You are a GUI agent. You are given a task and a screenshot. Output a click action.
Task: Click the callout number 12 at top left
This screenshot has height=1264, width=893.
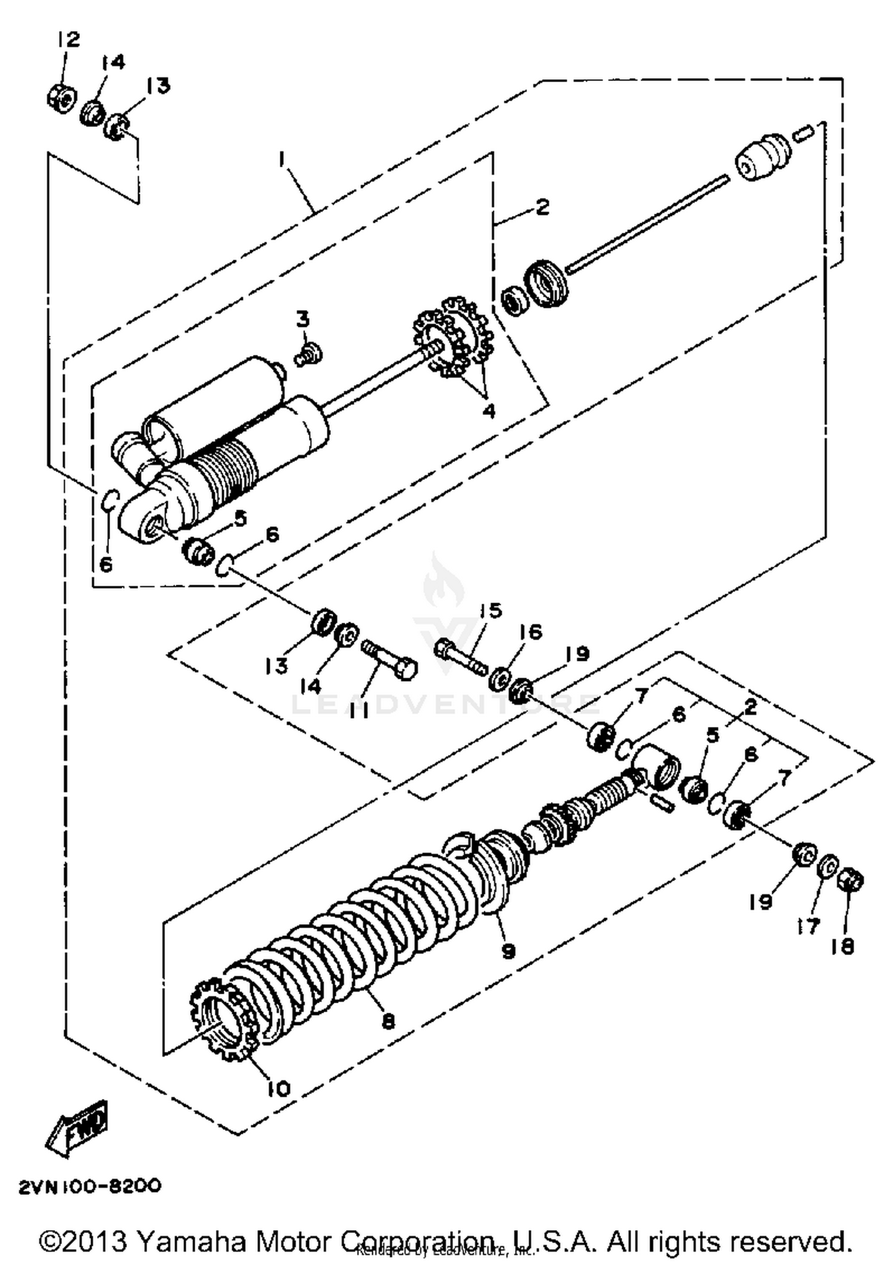(68, 40)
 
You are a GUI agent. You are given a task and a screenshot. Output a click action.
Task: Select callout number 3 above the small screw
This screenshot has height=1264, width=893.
(303, 320)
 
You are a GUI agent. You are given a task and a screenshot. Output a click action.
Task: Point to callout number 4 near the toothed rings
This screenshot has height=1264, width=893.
(489, 411)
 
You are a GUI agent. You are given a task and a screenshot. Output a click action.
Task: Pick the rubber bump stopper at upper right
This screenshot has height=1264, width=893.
(764, 158)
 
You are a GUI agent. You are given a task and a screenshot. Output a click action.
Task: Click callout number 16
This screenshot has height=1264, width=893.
(531, 631)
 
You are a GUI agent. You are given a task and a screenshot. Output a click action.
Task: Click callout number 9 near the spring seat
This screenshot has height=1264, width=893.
(508, 951)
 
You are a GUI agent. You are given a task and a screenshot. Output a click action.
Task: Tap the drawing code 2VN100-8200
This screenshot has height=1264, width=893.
(90, 1187)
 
